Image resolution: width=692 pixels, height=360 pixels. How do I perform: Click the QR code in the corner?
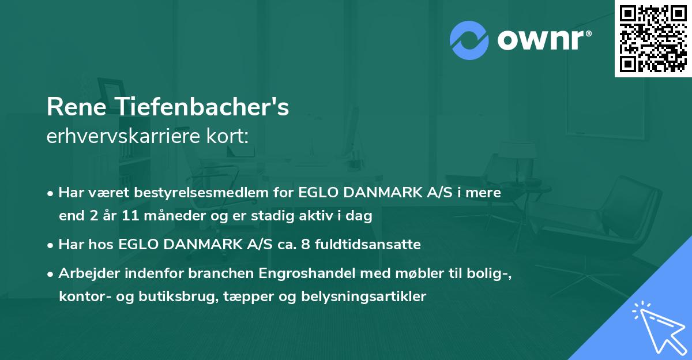[653, 38]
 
